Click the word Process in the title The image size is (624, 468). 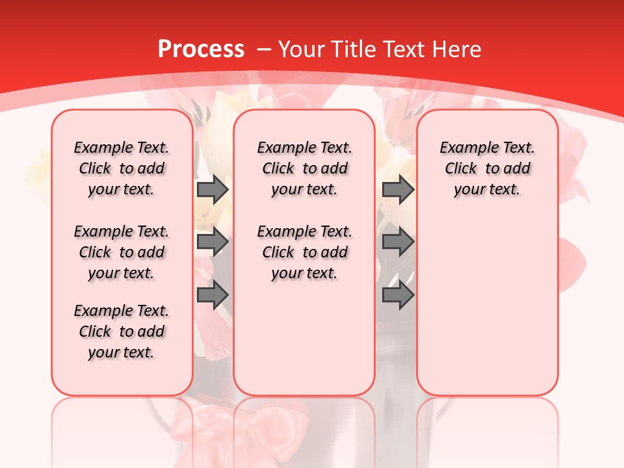201,49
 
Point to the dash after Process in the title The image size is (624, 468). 264,49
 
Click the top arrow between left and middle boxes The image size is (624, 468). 213,189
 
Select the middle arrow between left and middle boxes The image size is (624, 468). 213,242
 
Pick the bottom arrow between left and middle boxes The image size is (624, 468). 213,295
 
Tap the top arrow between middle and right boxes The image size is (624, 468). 398,189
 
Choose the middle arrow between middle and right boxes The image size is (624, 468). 398,242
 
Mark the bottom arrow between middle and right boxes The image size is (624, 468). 398,295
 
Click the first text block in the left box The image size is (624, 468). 122,168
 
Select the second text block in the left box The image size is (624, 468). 122,252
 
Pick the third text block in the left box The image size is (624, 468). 122,331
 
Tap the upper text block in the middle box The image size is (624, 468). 304,168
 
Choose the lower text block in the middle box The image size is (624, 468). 304,252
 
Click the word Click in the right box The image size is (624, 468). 461,169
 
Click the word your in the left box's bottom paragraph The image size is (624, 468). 103,353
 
